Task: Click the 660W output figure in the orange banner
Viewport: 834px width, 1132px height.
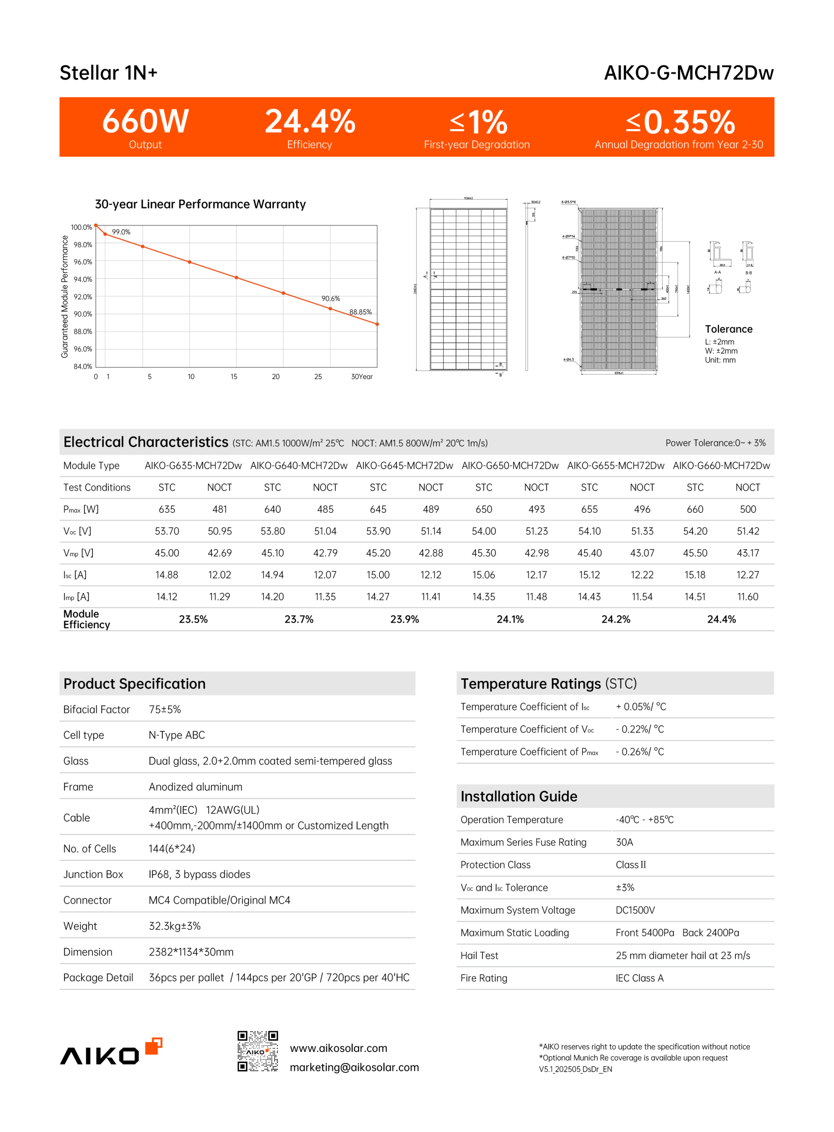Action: (145, 122)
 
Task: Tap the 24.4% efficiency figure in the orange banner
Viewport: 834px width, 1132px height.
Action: (310, 122)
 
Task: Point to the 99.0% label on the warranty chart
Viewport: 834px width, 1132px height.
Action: (121, 232)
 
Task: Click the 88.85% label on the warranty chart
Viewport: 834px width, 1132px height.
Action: (360, 312)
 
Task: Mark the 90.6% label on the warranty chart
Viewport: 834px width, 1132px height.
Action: (331, 299)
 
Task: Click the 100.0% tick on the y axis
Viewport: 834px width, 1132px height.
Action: (81, 228)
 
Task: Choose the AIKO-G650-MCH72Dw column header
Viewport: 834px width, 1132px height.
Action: (510, 466)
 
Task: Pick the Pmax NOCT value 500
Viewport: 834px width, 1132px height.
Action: (748, 510)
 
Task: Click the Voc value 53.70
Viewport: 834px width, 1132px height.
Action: (167, 532)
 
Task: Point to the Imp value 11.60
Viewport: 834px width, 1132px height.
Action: (748, 597)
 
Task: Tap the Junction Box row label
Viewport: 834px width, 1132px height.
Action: (93, 875)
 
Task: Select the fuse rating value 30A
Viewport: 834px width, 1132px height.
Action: (624, 842)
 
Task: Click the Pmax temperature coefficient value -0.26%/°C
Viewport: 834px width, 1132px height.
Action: (639, 752)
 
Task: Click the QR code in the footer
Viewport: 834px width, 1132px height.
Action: (257, 1051)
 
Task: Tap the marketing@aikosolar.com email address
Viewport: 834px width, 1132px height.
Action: (354, 1067)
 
